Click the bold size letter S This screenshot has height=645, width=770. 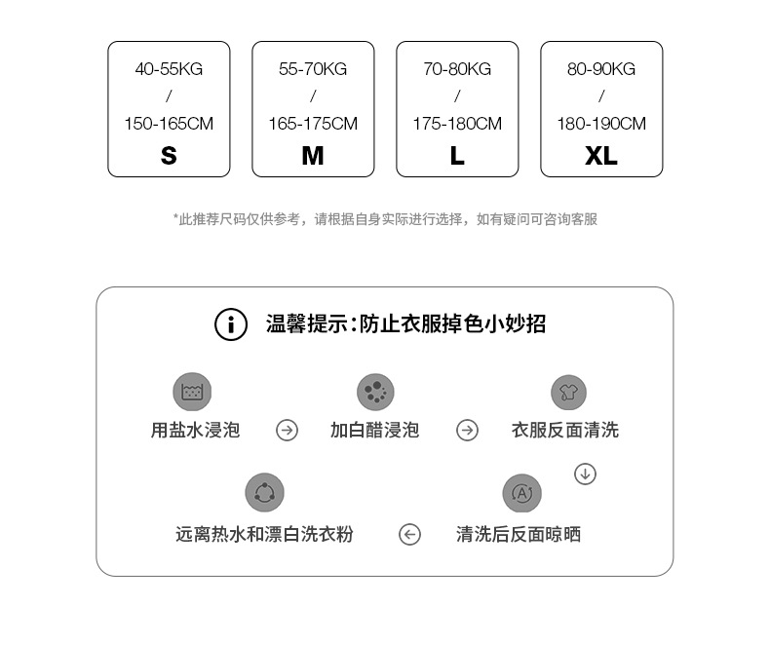pos(169,156)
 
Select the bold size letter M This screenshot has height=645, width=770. pos(313,156)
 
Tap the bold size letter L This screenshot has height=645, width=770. pos(457,156)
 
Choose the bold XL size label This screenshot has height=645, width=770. pos(601,156)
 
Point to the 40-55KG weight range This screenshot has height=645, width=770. pos(169,69)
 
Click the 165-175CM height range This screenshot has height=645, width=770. pos(313,124)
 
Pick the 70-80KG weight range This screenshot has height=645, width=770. pos(457,69)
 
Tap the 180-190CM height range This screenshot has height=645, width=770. pos(601,124)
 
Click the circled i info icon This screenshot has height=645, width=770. pos(231,324)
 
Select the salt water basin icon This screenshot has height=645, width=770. pos(192,392)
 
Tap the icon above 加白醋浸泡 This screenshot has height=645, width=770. pos(375,392)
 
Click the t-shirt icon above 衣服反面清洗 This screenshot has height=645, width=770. pos(568,392)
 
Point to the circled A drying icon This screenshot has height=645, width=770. pos(521,493)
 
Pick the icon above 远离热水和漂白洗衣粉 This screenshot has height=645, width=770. pos(264,493)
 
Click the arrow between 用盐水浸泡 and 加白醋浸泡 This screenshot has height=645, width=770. pos(287,430)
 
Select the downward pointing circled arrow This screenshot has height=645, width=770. pos(585,474)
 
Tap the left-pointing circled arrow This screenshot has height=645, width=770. pos(410,534)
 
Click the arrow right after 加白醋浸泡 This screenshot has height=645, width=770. pos(468,430)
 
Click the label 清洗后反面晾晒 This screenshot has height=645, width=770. pos(519,534)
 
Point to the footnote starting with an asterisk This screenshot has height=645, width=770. pos(385,219)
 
